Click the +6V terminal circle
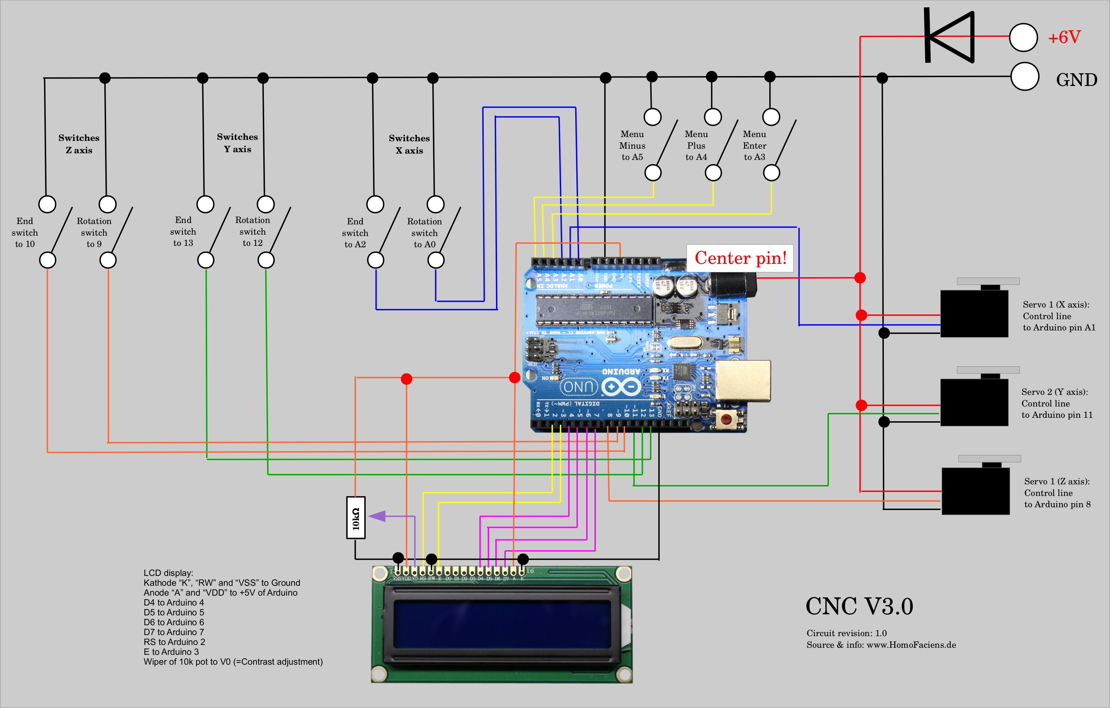pos(1023,37)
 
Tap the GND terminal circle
pos(1024,77)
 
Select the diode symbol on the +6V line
pos(950,36)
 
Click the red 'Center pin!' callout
pos(740,258)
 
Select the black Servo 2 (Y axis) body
pos(974,402)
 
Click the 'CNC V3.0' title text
pos(859,606)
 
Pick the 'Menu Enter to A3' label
pos(754,146)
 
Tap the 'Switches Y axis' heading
pos(237,143)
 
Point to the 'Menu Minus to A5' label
pos(632,146)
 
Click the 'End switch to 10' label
pos(25,232)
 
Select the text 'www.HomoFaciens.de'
pos(911,645)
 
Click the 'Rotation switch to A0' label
pos(424,233)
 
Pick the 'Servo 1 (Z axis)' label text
pos(1056,481)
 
